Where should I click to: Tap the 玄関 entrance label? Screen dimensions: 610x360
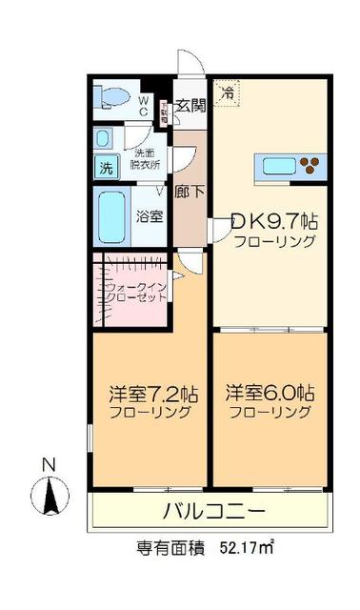191,106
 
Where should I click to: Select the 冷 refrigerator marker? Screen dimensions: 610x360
227,92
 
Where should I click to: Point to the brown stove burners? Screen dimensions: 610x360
310,169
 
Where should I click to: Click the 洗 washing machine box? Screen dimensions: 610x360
106,169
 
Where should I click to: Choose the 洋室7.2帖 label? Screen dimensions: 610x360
152,392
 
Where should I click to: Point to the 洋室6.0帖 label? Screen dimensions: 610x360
270,392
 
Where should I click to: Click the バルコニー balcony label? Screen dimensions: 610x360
212,511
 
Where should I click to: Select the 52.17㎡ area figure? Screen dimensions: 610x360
248,548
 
